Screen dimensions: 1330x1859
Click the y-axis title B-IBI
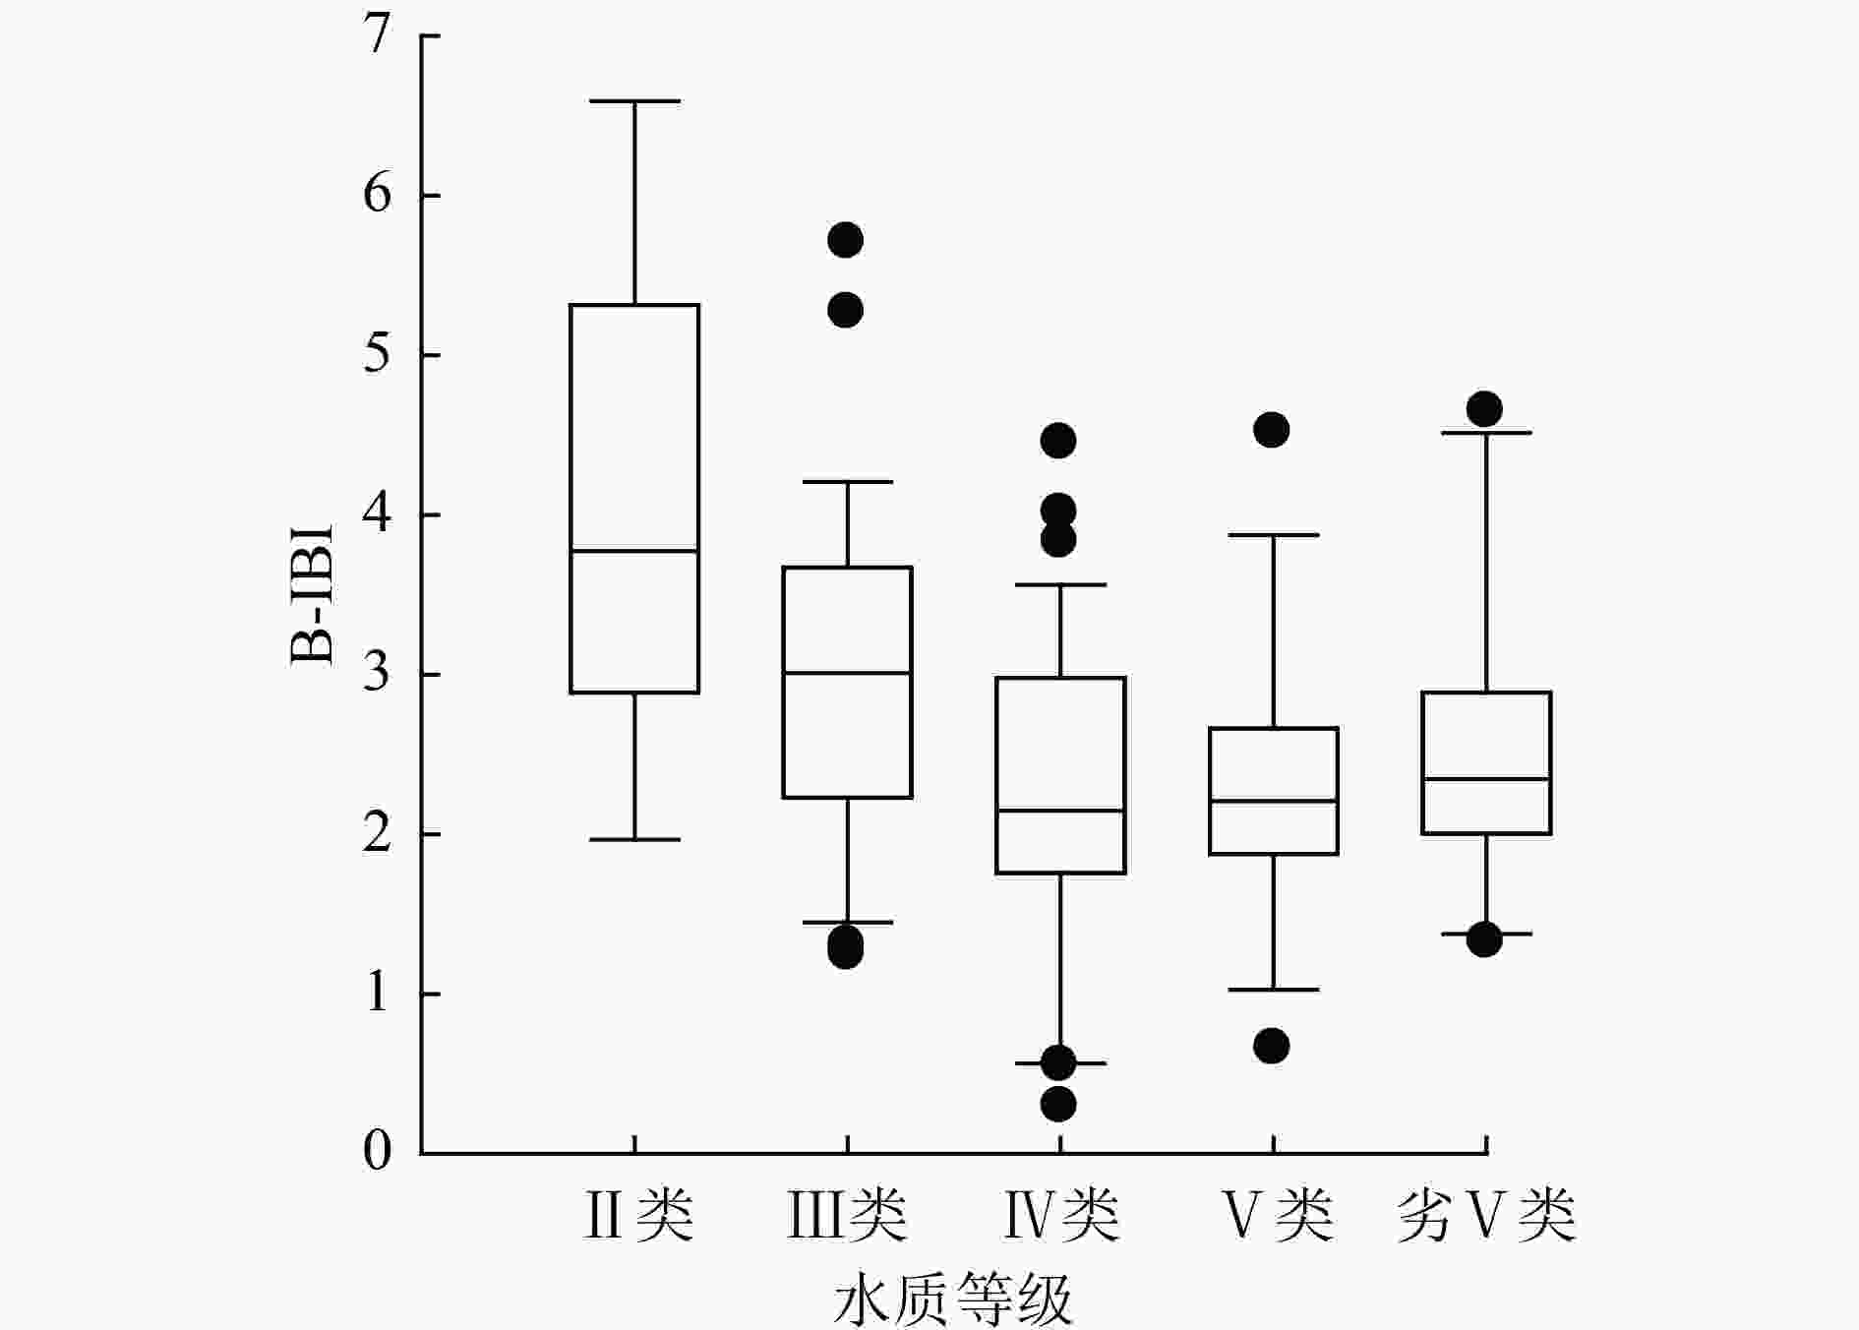coord(313,595)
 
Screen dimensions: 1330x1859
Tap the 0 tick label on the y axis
coord(377,1151)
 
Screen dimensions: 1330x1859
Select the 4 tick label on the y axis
coord(377,514)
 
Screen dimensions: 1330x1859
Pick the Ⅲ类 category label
coord(847,1215)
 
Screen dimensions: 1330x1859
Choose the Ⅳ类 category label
coord(1060,1215)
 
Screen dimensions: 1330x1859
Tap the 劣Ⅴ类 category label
coord(1486,1215)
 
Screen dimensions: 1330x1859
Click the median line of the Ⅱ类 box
coord(634,551)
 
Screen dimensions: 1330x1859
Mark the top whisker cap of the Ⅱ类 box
coord(634,101)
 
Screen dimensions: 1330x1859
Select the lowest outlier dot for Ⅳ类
coord(1058,1104)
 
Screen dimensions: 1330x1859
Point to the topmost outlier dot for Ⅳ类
coord(1058,441)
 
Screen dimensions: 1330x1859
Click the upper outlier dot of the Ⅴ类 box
coord(1272,430)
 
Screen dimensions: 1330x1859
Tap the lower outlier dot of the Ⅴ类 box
coord(1272,1046)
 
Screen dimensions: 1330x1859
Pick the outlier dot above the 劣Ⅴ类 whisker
coord(1484,408)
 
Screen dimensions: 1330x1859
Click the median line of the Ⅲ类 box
coord(847,673)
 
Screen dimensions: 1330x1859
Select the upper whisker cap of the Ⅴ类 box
coord(1274,535)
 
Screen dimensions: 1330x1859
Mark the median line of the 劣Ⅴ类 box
coord(1486,779)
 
